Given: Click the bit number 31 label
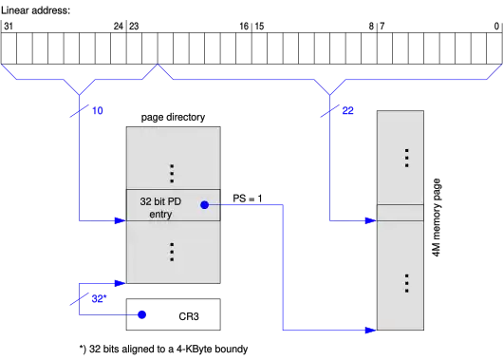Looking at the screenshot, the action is click(9, 26).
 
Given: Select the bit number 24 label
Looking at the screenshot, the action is click(119, 26).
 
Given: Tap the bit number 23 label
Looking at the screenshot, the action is click(134, 26).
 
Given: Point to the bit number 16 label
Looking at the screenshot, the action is click(244, 26).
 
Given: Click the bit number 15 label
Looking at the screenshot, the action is click(259, 26).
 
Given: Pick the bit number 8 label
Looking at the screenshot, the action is click(371, 26).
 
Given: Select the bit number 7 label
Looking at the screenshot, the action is click(382, 26).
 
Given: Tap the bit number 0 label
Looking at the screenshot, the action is click(496, 26).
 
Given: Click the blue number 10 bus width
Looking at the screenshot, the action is click(98, 110).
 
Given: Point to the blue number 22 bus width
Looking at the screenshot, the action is click(347, 110).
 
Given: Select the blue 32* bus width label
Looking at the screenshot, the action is click(99, 298).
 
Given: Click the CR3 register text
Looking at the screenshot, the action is click(189, 316).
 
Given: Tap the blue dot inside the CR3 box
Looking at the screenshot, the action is click(141, 314).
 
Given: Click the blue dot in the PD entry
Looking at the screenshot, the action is click(204, 204).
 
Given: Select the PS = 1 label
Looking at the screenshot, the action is click(248, 199).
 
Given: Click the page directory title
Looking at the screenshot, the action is click(173, 117).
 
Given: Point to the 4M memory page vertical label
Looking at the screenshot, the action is click(437, 218).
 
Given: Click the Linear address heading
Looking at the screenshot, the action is click(35, 10).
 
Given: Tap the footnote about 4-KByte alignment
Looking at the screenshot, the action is click(163, 349).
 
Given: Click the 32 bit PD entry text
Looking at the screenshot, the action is click(160, 208).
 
